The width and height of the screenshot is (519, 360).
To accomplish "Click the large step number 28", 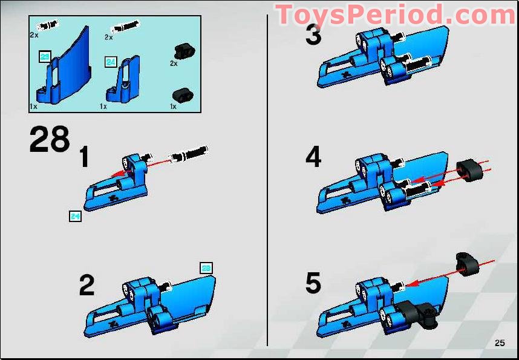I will [x=50, y=140].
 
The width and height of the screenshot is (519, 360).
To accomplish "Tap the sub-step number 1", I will [x=84, y=158].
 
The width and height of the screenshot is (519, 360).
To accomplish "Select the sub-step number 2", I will [x=87, y=286].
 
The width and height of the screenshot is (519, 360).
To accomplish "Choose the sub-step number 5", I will [x=313, y=283].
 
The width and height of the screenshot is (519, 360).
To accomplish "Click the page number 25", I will [x=499, y=343].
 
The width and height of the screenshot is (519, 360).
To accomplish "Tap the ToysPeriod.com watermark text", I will [x=396, y=15].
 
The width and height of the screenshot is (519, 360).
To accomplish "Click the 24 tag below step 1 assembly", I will [x=75, y=216].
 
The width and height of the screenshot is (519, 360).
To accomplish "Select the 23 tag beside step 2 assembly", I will [x=206, y=268].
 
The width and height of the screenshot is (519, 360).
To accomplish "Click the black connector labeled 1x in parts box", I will [x=181, y=94].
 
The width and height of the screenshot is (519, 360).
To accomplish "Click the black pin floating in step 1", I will [x=189, y=154].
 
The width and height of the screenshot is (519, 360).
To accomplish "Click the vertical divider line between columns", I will [x=267, y=182].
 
